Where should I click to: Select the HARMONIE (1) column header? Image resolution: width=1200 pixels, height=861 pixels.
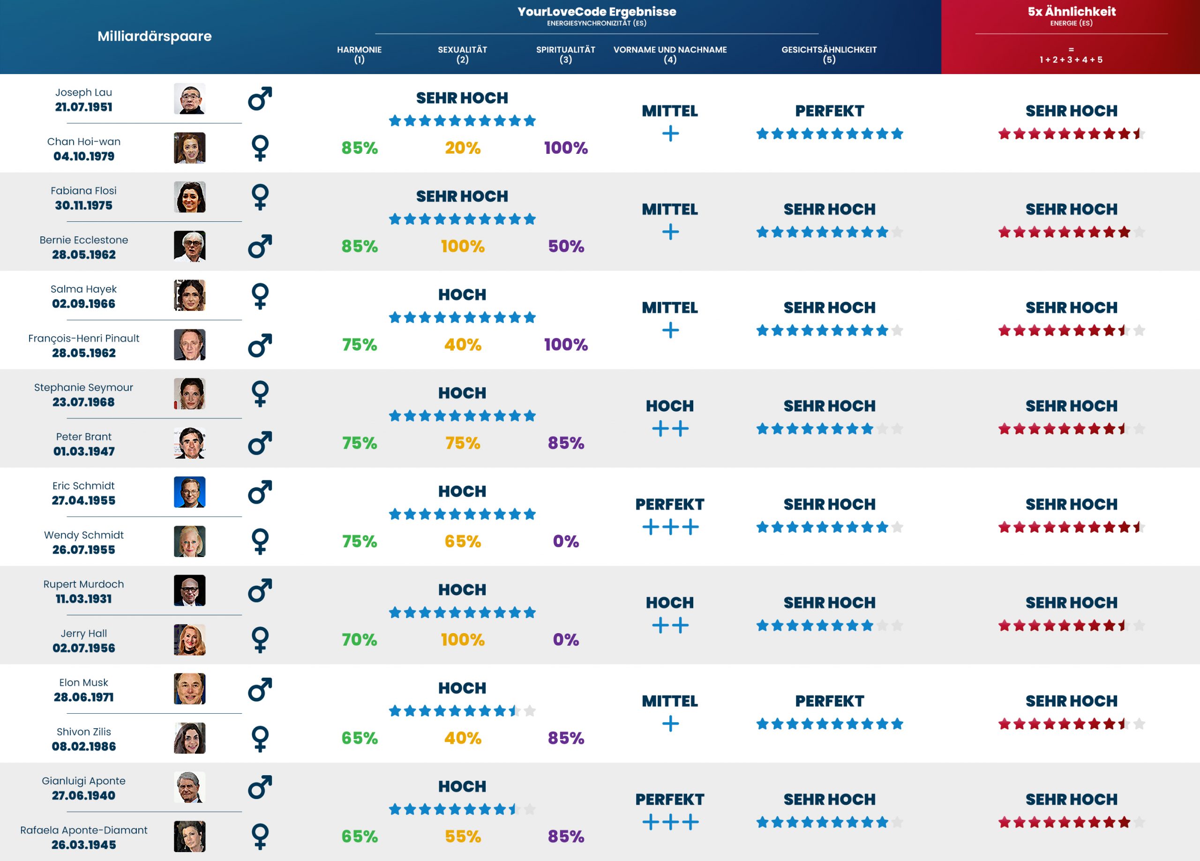(359, 54)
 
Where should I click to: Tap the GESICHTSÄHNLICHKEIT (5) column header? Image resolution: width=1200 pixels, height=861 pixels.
(829, 54)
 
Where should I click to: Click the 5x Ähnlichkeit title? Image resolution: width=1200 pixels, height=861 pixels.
(1072, 12)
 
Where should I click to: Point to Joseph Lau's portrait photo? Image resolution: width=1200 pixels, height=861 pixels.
(189, 98)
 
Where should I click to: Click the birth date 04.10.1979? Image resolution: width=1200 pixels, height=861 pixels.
(83, 156)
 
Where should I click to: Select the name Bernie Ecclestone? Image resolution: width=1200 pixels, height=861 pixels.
(83, 240)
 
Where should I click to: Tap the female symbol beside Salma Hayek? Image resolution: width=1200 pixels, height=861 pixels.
(260, 296)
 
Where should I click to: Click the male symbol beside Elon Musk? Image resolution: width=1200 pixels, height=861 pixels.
(260, 689)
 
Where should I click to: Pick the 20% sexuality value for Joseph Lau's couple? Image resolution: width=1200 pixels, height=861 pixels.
(463, 148)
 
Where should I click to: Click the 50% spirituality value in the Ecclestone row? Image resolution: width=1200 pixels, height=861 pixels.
(566, 246)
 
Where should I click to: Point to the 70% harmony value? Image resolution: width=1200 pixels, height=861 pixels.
(359, 639)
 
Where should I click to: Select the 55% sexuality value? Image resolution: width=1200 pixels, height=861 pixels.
(463, 836)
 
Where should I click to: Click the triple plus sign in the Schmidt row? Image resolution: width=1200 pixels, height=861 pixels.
(670, 527)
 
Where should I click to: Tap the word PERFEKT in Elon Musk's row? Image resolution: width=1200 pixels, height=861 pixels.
(829, 701)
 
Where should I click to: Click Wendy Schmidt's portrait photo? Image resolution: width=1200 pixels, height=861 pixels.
(189, 541)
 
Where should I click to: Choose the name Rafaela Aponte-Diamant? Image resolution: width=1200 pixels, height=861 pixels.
(83, 830)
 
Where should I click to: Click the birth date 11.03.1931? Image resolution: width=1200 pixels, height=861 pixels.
(83, 598)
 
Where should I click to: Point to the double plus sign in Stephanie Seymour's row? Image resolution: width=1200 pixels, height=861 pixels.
(670, 429)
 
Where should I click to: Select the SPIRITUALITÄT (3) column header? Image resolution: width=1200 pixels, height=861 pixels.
(566, 54)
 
